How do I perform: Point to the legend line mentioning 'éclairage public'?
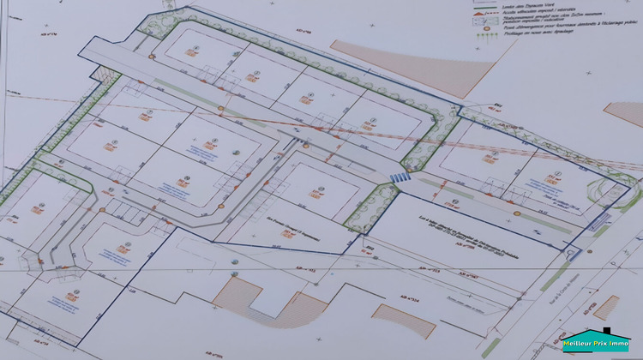coord(549,29)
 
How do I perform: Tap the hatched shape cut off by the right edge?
coord(626,113)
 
